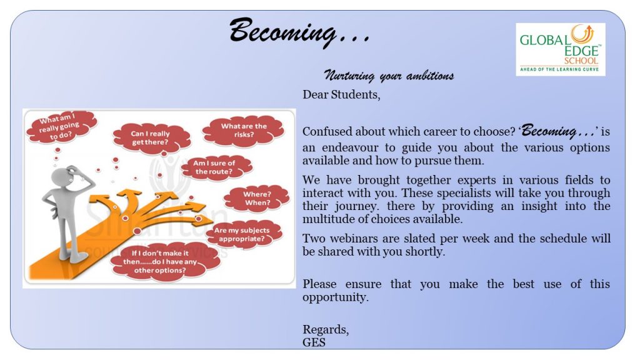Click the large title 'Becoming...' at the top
click(x=300, y=31)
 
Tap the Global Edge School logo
click(x=561, y=49)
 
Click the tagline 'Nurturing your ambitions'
click(x=389, y=76)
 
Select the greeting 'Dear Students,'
click(x=341, y=95)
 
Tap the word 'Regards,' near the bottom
click(x=326, y=330)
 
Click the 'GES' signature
click(x=314, y=342)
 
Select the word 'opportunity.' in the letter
click(x=336, y=297)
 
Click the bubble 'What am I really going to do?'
click(x=61, y=127)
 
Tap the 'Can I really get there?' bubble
click(x=151, y=138)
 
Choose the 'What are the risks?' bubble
click(x=244, y=130)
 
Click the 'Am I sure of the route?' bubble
click(x=215, y=167)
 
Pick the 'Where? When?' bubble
click(x=257, y=198)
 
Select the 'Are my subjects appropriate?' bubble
click(x=242, y=234)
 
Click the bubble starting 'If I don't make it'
click(x=161, y=262)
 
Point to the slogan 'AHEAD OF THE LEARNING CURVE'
click(x=559, y=70)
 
